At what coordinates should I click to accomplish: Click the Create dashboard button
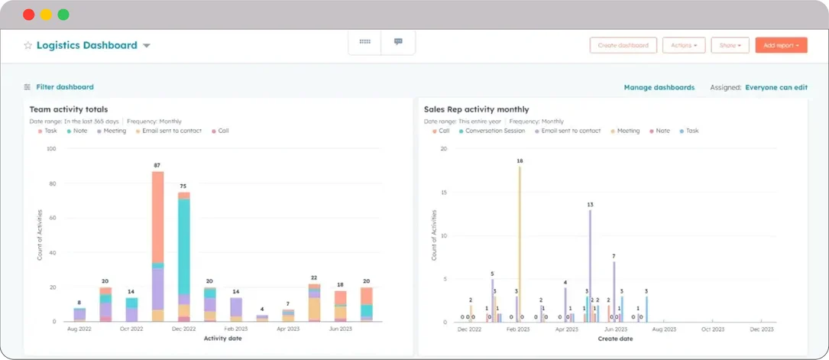(623, 45)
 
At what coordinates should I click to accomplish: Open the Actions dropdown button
(683, 45)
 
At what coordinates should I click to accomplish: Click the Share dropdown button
(730, 45)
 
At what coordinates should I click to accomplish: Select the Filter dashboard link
(64, 87)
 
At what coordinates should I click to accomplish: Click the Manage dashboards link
(659, 88)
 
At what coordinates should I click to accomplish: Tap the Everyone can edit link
(776, 88)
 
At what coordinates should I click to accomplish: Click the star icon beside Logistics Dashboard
(28, 46)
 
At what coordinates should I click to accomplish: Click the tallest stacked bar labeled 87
(157, 245)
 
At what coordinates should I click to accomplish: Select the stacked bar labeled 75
(183, 256)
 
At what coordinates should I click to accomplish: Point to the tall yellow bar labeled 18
(520, 245)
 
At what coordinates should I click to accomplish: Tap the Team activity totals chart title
(69, 109)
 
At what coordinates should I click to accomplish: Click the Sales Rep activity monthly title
(476, 109)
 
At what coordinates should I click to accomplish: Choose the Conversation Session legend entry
(494, 131)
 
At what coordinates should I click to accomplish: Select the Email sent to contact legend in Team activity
(171, 131)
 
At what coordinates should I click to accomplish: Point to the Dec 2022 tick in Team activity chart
(183, 329)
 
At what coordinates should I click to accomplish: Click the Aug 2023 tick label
(664, 329)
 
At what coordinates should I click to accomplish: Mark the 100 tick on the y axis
(51, 148)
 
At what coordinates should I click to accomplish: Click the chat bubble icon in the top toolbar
(398, 42)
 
